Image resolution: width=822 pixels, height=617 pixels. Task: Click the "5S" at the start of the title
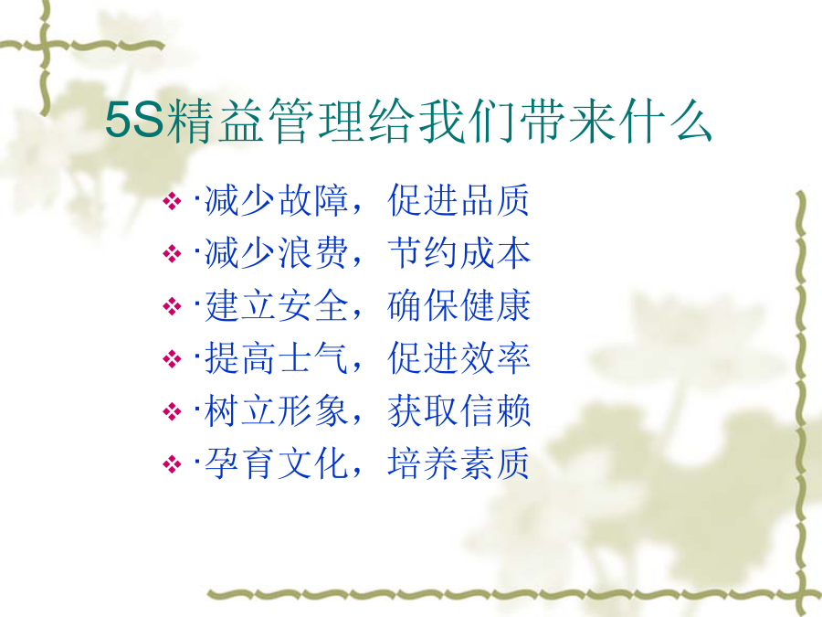135,122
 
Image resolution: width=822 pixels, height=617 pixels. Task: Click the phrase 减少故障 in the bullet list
276,200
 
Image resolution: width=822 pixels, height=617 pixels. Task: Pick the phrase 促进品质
458,200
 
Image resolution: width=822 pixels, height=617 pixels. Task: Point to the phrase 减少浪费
276,253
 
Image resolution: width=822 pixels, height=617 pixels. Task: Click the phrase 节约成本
458,253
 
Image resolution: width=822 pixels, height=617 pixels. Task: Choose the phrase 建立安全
276,306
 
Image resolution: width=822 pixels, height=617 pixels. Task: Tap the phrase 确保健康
458,306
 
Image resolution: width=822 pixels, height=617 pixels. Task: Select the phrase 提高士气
276,358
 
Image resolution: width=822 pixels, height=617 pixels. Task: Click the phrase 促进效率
458,358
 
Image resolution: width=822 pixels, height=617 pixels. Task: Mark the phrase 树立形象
276,410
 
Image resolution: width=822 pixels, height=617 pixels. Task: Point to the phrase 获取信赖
458,410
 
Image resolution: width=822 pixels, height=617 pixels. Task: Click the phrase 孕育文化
276,463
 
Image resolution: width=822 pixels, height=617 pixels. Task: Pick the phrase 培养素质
458,463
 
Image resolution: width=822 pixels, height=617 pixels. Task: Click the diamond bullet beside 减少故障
172,201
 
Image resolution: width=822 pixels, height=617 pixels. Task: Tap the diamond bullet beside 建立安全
172,306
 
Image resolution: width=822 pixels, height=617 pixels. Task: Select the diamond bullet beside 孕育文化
172,464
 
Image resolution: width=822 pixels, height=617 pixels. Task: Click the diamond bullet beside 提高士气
172,359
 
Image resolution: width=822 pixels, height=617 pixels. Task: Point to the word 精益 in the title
215,122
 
